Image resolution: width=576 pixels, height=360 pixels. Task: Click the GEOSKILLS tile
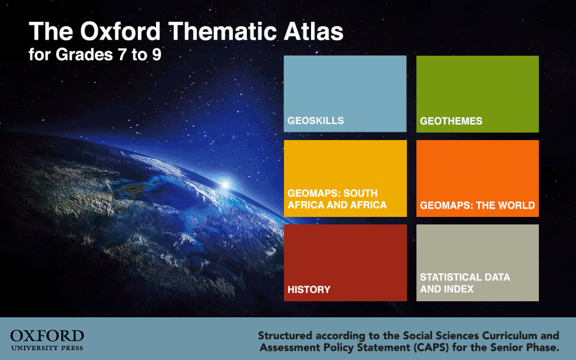point(345,94)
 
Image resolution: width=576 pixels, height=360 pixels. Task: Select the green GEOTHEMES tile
point(478,94)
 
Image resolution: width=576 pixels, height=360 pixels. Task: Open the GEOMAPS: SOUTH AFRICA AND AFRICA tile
point(345,178)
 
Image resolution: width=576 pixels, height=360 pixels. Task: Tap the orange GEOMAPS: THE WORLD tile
point(478,178)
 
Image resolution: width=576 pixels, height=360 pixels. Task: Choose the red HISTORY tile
point(345,263)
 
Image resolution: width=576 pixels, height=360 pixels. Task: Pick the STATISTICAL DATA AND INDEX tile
point(478,263)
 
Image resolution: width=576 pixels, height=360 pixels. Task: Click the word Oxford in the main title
point(120,31)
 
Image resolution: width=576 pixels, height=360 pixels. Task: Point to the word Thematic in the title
point(223,31)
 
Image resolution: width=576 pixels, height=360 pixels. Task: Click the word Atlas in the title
point(314,31)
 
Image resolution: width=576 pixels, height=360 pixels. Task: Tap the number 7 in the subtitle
point(122,55)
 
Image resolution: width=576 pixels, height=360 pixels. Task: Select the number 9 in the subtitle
point(157,55)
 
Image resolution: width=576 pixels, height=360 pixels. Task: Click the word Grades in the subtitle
point(84,55)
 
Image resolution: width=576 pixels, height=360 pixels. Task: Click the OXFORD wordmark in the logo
point(47,336)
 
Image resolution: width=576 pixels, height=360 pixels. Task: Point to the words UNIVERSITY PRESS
point(47,348)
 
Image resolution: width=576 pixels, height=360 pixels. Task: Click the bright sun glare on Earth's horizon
point(224,185)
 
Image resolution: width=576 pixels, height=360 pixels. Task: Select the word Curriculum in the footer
point(509,335)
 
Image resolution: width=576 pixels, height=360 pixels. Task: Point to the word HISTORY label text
point(309,290)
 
